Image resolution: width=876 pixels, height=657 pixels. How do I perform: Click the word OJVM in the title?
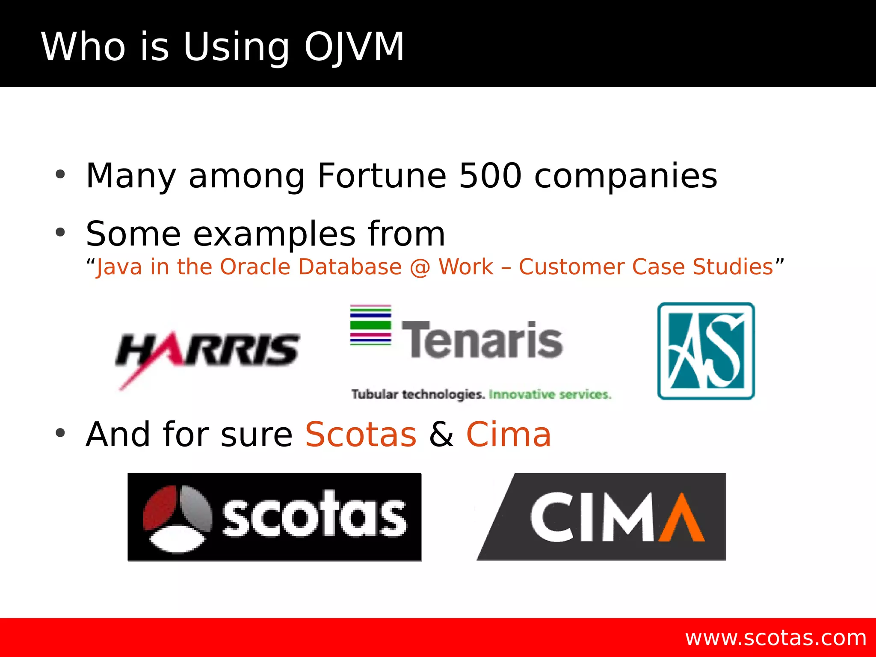pos(354,47)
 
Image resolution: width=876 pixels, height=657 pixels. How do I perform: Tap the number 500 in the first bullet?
pos(490,176)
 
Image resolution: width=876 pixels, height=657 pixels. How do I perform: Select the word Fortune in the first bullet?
pos(382,176)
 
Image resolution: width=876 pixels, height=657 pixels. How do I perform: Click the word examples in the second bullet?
pos(274,234)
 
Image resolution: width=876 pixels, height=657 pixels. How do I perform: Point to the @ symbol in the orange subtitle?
pos(420,267)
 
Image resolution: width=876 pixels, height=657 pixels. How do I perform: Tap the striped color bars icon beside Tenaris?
pos(370,325)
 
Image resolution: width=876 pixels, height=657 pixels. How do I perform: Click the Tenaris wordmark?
pos(482,340)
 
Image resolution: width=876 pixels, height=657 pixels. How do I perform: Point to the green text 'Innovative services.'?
pos(550,394)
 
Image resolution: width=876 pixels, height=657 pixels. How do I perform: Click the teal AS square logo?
pos(706,351)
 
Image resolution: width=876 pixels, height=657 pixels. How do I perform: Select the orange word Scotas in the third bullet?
pos(361,435)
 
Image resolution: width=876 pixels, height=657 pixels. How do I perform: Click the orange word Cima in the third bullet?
pos(509,435)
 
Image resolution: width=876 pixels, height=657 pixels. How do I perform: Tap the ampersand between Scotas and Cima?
pos(441,435)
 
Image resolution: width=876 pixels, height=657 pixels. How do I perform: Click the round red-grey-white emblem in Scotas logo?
pos(177,518)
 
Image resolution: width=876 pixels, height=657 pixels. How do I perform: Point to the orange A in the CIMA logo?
pos(681,518)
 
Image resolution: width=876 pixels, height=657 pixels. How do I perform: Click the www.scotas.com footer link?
pos(775,638)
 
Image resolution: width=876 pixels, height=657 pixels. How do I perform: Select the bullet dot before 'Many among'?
pos(60,175)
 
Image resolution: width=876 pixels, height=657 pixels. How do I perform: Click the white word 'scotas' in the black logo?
pos(314,515)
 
